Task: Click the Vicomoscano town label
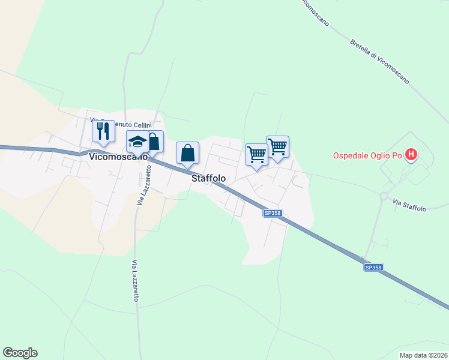click(x=118, y=157)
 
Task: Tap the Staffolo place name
click(x=208, y=178)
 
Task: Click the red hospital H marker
click(x=411, y=155)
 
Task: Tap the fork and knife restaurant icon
click(x=103, y=130)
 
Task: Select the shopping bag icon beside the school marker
click(x=154, y=142)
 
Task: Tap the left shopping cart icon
click(x=256, y=154)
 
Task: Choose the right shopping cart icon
click(x=277, y=146)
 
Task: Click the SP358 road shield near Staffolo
click(x=273, y=212)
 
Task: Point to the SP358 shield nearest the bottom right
click(x=373, y=268)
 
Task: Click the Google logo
click(x=20, y=353)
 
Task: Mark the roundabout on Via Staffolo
click(x=383, y=196)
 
